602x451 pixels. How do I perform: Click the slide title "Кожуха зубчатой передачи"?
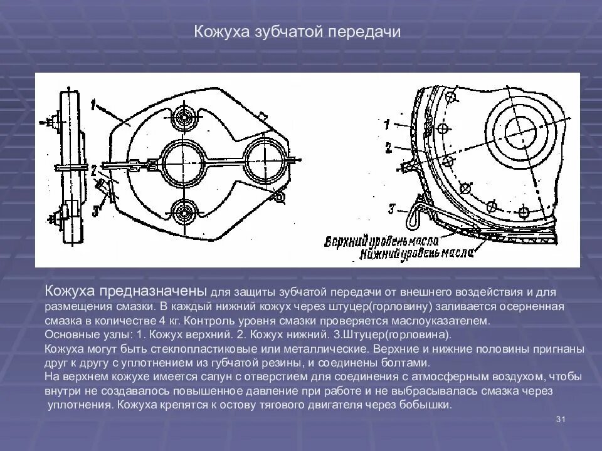[x=297, y=32]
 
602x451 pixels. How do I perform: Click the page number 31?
[x=561, y=419]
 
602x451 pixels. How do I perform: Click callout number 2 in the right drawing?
[x=388, y=148]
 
